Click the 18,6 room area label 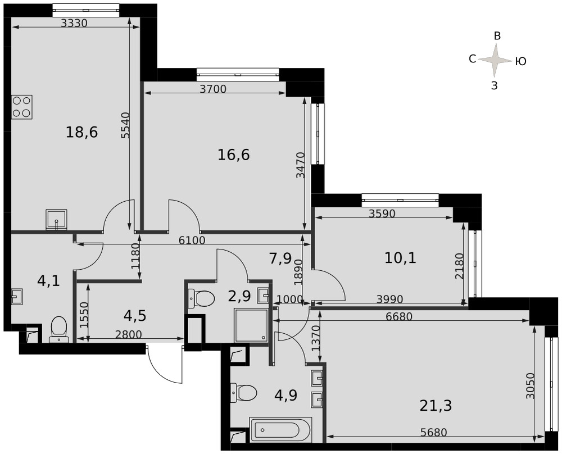pos(81,133)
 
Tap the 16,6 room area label pos(234,155)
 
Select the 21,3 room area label pos(436,406)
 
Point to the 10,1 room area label pos(400,258)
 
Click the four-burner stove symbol pos(22,107)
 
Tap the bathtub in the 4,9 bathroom pos(280,429)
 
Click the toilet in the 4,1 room pos(59,329)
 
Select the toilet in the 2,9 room pos(201,298)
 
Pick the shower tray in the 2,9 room pos(251,325)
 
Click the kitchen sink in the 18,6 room pos(56,220)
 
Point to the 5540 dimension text pos(125,125)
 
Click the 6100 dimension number pos(192,240)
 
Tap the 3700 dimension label pos(213,89)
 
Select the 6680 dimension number pos(399,316)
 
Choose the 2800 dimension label pos(129,335)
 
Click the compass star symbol pos(495,60)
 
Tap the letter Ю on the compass pos(521,62)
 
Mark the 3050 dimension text pos(531,386)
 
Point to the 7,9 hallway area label pos(280,258)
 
